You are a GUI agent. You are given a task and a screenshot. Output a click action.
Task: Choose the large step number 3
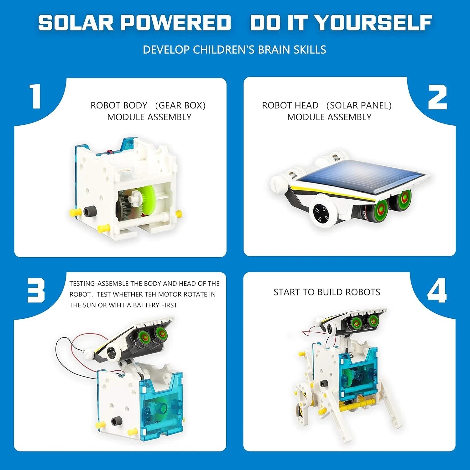[36, 291]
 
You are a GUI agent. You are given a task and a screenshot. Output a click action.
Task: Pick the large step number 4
[437, 291]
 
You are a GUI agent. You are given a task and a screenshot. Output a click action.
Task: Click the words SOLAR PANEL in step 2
[359, 105]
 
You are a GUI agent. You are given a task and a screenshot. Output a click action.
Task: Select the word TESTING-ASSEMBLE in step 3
[99, 284]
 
